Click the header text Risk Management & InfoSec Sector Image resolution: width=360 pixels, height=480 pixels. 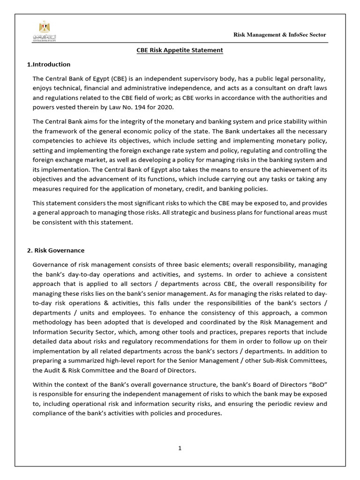(x=280, y=35)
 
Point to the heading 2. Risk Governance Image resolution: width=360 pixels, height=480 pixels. (x=55, y=250)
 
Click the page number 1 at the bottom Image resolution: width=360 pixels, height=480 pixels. (x=180, y=448)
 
